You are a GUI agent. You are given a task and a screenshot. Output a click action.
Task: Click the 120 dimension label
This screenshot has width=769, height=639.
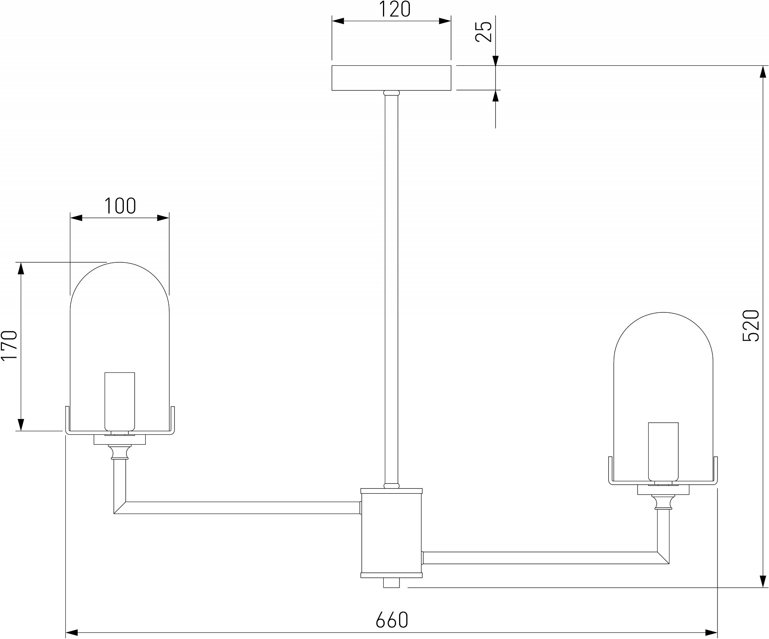click(395, 10)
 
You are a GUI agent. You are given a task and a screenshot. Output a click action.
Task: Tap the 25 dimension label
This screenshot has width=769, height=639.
click(484, 32)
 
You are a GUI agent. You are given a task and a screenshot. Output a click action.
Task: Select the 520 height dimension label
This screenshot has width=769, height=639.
click(751, 325)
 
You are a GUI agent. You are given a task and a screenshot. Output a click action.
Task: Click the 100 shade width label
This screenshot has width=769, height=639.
click(120, 206)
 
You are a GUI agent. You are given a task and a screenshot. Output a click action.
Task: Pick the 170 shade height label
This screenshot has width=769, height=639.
click(10, 345)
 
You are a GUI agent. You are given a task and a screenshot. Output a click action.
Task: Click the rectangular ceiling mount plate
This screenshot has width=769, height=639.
click(391, 78)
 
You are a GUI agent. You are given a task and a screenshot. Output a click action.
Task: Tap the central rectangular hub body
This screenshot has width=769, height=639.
click(391, 533)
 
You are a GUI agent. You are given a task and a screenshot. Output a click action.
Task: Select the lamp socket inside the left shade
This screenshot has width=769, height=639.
click(120, 402)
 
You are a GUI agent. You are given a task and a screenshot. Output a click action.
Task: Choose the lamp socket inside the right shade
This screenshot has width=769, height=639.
click(663, 452)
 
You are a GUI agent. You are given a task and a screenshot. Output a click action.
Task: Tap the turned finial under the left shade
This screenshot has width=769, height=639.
click(120, 452)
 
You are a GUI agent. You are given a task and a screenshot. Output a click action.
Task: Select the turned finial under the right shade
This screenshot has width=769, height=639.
click(663, 502)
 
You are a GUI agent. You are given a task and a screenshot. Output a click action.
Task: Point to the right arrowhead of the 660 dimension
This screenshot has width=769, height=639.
click(711, 632)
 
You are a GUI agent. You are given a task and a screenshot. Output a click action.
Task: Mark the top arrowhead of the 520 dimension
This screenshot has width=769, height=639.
click(762, 72)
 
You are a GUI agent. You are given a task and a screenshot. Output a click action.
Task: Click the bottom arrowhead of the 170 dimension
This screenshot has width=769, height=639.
click(21, 425)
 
